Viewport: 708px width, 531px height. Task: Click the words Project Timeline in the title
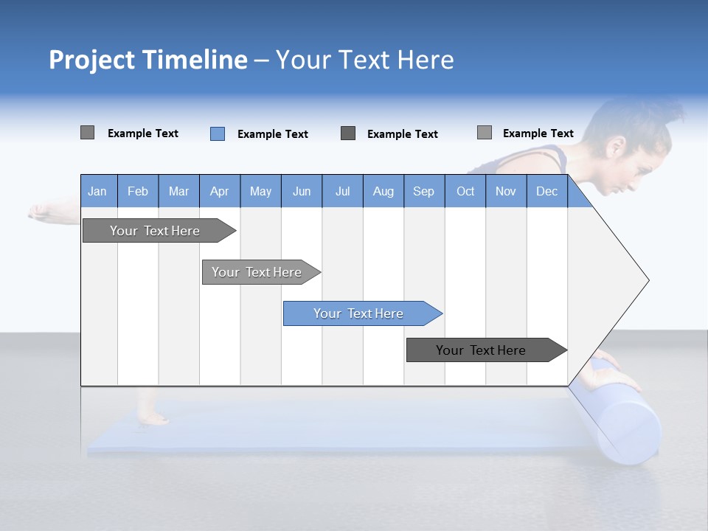147,60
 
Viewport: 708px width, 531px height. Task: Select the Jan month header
98,191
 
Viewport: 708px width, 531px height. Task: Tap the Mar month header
178,191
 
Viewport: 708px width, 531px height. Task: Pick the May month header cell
260,191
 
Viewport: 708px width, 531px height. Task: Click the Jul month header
342,191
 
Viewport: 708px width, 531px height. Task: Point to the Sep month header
423,191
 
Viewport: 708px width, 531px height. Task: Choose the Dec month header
546,191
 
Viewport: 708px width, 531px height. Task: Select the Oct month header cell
465,191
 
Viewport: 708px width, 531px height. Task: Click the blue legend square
218,133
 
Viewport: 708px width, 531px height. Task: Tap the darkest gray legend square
348,133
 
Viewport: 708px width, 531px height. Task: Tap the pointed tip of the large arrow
648,280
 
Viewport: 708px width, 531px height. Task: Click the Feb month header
138,191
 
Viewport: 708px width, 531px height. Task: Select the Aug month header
383,191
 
